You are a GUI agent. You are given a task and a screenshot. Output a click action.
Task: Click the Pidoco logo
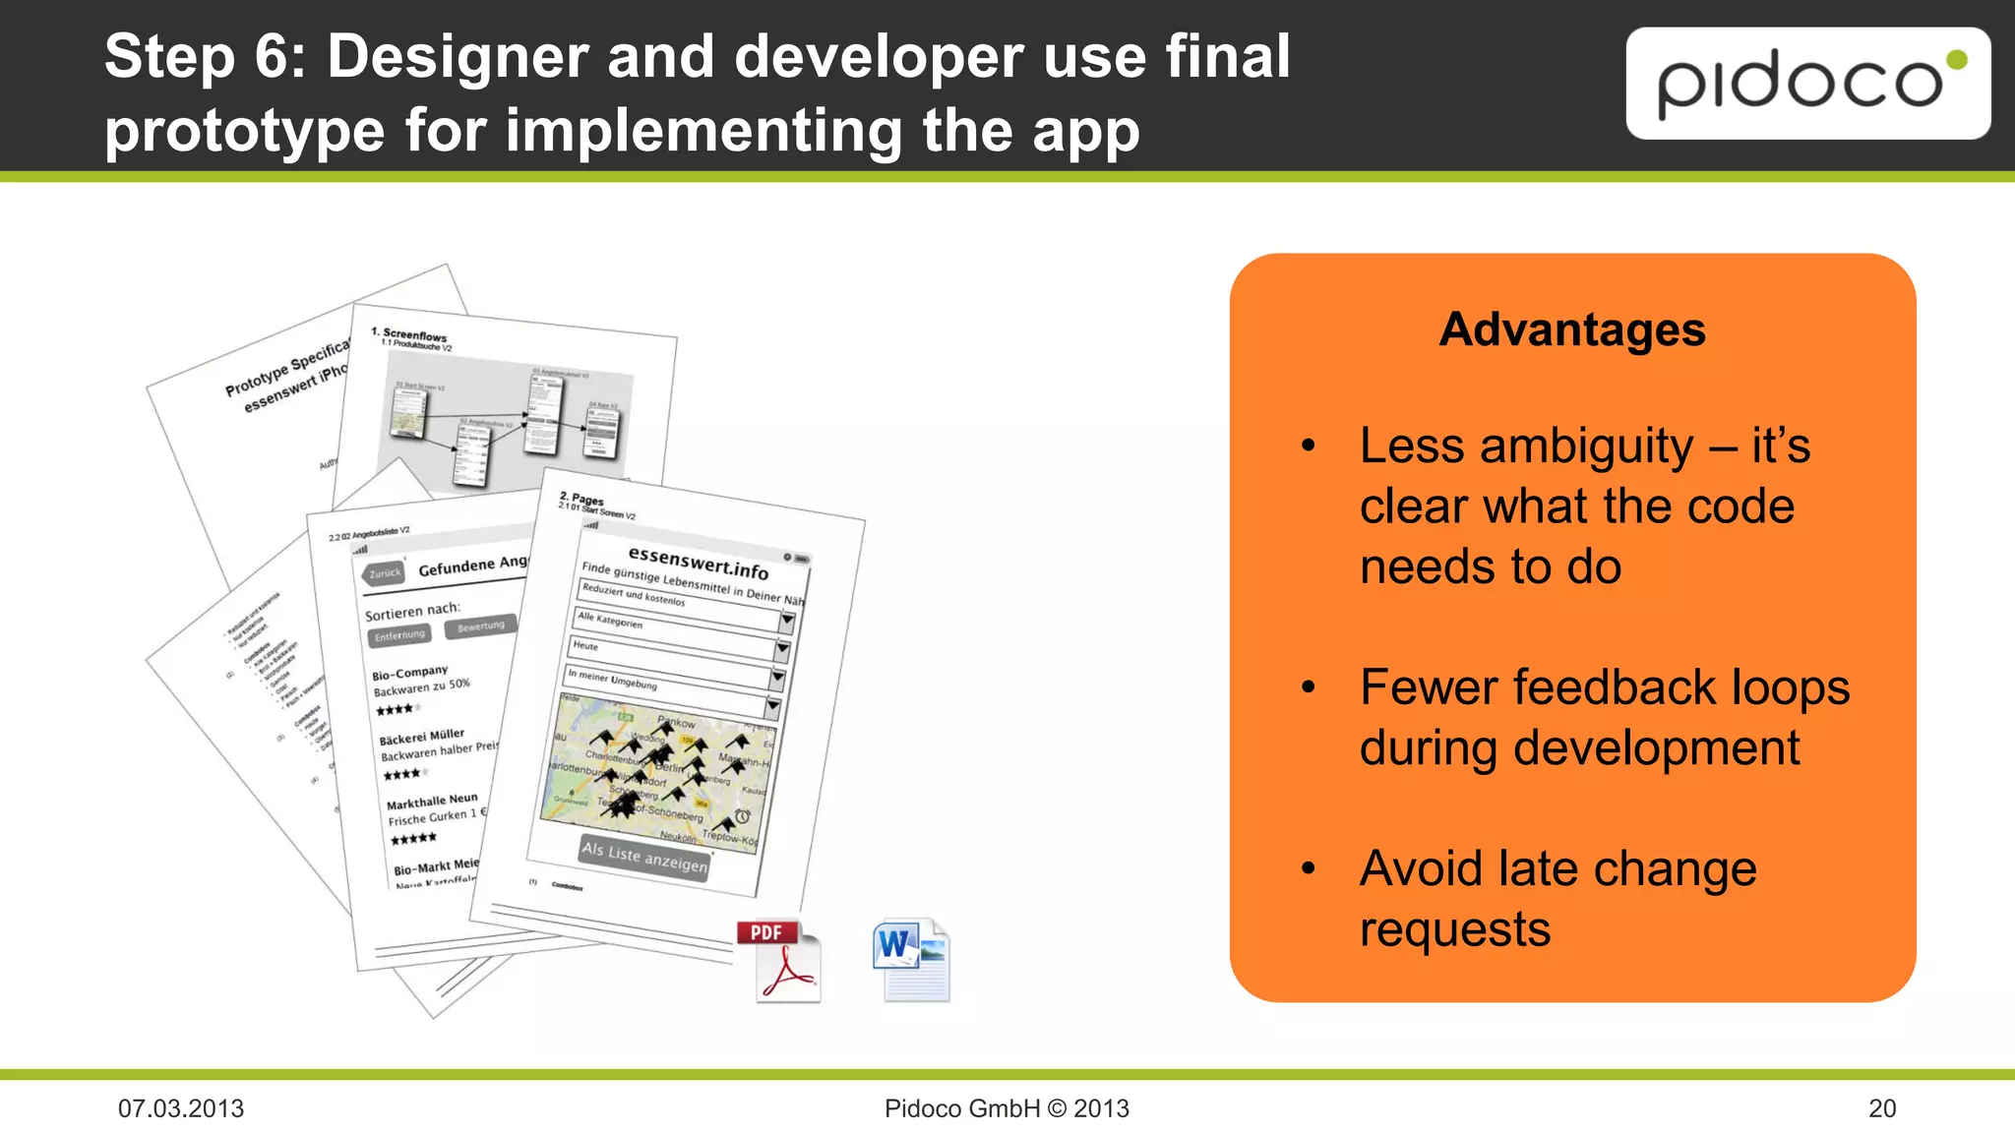click(x=1807, y=84)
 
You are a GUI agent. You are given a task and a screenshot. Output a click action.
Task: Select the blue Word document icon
click(x=911, y=959)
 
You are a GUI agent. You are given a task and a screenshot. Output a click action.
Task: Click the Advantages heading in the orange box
click(x=1571, y=329)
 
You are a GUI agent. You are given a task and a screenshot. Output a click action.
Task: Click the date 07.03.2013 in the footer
click(x=181, y=1108)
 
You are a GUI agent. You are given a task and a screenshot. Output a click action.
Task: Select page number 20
click(x=1881, y=1108)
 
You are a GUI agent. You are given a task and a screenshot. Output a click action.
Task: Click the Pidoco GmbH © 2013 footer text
click(x=1007, y=1108)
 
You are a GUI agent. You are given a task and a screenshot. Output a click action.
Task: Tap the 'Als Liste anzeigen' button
click(x=644, y=857)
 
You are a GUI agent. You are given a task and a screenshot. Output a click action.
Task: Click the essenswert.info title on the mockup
click(x=698, y=563)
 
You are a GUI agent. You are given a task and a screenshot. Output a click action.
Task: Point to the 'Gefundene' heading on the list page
click(x=457, y=566)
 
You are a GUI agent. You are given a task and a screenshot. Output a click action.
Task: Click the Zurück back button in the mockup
click(x=384, y=573)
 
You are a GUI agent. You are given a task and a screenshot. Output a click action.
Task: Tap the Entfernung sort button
click(x=399, y=635)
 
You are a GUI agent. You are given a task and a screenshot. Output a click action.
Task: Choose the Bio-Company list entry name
click(x=409, y=673)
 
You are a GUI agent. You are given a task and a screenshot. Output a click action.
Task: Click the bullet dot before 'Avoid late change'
click(x=1308, y=868)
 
